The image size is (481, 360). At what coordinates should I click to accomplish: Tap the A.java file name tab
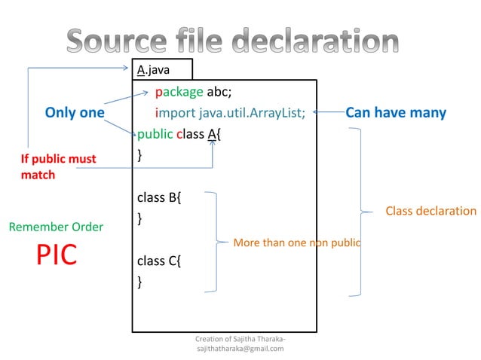pos(153,70)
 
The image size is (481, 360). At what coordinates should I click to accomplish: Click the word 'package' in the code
pos(179,93)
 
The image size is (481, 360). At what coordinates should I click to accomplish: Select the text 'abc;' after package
pos(224,93)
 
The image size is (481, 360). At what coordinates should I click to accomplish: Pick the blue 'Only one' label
pos(75,113)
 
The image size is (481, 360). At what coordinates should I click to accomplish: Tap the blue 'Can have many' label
pos(396,113)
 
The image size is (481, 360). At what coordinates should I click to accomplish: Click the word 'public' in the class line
pos(155,134)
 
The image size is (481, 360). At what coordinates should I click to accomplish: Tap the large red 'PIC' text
pos(57,255)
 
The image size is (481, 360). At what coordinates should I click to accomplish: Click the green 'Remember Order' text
pos(56,226)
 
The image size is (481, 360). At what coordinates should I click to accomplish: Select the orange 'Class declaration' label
pos(431,211)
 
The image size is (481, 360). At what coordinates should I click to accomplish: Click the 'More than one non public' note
pos(296,243)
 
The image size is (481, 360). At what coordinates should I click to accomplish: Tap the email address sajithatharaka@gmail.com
pos(240,349)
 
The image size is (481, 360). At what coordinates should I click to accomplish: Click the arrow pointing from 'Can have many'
pos(326,113)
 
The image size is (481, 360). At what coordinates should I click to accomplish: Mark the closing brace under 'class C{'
pos(139,282)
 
